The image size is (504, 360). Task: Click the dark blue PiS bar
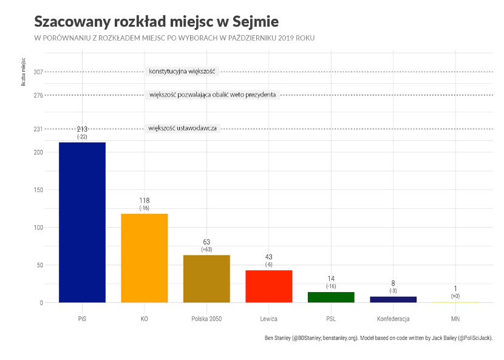tap(82, 222)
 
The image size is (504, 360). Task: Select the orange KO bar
tap(145, 258)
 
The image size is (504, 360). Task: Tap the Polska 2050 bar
tap(206, 279)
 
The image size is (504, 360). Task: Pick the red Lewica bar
tap(269, 286)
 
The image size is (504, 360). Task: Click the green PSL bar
tap(331, 297)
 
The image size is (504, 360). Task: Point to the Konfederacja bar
tap(393, 299)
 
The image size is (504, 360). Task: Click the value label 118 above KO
tap(145, 200)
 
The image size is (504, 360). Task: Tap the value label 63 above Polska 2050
tap(206, 242)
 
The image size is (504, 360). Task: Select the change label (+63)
tap(206, 250)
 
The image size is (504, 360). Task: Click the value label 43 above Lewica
tap(269, 257)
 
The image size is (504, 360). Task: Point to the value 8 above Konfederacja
tap(393, 283)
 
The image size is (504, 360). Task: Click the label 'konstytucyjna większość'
tap(182, 72)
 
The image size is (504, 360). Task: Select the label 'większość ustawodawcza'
tap(182, 128)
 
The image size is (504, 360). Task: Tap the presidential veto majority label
tap(213, 95)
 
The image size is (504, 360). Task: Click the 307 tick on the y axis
tap(38, 72)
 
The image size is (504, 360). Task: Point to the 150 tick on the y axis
tap(38, 190)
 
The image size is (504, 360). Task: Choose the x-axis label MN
tap(455, 319)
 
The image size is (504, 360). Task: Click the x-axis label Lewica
tap(269, 319)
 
